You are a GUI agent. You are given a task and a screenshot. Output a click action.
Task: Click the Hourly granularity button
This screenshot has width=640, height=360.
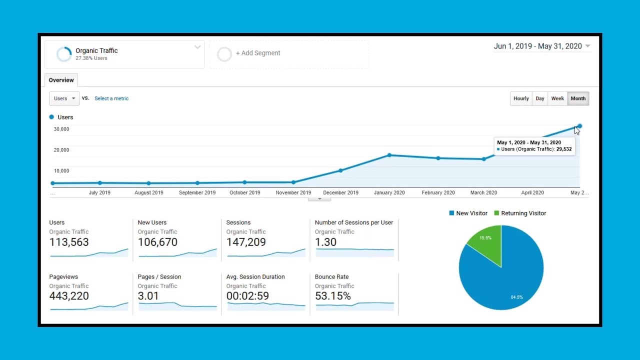(520, 98)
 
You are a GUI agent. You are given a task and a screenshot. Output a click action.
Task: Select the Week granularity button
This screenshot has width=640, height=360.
(557, 98)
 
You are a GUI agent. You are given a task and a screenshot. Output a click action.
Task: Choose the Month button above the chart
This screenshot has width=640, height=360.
(578, 98)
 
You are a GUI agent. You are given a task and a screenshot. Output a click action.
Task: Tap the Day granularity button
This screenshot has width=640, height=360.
(539, 98)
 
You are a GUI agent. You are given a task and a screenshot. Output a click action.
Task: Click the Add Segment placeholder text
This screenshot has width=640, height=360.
(257, 53)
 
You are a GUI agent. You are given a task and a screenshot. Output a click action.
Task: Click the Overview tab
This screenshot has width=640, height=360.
(61, 80)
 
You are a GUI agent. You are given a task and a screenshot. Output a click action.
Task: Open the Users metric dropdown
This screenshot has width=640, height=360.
(64, 98)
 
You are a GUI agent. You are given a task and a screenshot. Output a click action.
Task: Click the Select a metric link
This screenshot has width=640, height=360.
(111, 98)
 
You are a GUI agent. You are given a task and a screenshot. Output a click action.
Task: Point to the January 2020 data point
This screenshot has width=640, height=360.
(389, 155)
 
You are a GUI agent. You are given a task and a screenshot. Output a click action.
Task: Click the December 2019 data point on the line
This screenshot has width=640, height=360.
(340, 170)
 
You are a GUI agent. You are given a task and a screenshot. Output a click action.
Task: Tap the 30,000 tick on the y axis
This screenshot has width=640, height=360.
(61, 129)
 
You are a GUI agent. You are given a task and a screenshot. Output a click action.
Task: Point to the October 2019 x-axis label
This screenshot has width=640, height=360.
(244, 192)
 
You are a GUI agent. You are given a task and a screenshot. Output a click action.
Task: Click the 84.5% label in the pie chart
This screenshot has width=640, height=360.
(516, 297)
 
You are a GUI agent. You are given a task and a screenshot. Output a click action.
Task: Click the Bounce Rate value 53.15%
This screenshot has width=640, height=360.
(332, 296)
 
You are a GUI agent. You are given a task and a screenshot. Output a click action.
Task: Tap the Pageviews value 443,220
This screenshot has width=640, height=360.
(69, 296)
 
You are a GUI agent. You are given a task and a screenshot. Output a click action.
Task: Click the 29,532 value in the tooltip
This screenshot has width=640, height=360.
(563, 149)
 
